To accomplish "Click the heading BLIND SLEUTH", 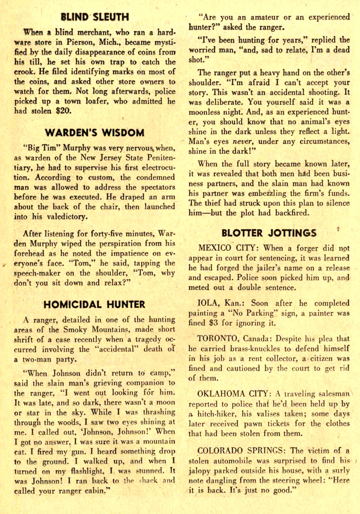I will point(94,17).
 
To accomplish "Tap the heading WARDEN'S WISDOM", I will point(94,132).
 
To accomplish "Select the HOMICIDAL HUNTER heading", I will point(94,305).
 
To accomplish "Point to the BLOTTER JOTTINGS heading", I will point(269,233).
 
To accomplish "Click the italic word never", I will point(243,141).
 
